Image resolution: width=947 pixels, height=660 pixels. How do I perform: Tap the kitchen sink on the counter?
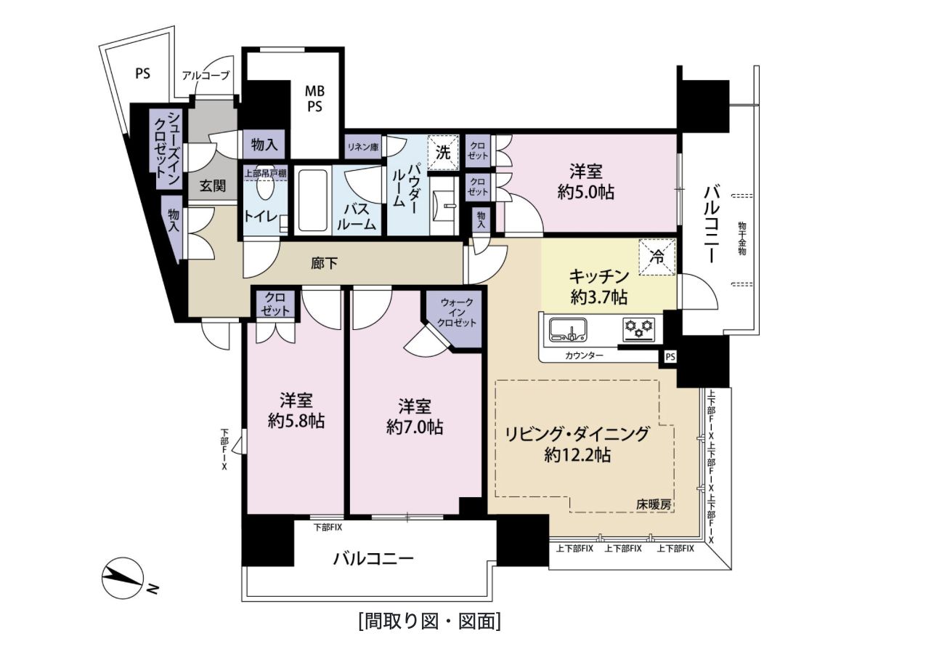click(568, 330)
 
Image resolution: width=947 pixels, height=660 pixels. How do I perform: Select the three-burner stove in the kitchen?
click(638, 330)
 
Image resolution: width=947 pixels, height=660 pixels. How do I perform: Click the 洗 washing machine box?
click(443, 153)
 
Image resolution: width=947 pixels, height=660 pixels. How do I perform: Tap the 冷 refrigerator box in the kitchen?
click(657, 257)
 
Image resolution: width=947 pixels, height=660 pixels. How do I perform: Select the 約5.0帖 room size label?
click(585, 193)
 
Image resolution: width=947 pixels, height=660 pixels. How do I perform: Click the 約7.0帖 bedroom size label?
click(415, 427)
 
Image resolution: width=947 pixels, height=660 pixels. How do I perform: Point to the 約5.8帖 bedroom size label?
click(296, 422)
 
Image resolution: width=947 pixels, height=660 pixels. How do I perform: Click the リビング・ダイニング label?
click(577, 434)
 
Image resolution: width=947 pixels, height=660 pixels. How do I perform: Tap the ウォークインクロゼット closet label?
click(457, 313)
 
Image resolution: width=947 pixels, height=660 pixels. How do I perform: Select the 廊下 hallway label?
click(325, 264)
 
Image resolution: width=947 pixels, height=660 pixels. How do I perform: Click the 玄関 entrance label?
click(213, 185)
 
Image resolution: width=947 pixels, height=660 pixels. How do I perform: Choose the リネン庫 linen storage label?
click(363, 147)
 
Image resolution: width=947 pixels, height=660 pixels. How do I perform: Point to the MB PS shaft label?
click(315, 99)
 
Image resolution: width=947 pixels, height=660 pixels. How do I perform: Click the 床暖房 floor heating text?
click(654, 504)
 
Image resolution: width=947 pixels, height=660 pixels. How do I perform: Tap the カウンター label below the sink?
click(585, 355)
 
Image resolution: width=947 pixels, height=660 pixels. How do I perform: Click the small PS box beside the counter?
click(670, 357)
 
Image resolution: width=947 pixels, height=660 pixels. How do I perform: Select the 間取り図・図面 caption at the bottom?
click(429, 621)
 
